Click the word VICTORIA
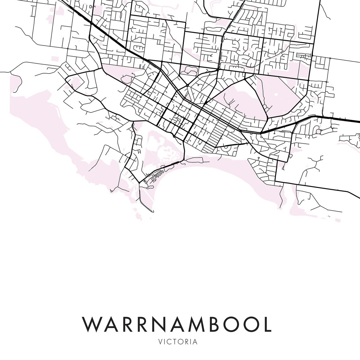coord(180,342)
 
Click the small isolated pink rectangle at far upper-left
coord(55,59)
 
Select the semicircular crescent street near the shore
coord(226,147)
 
